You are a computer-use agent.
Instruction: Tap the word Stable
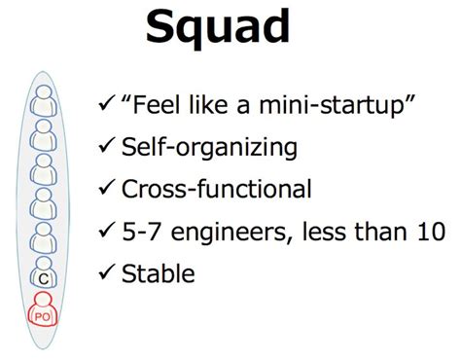click(159, 272)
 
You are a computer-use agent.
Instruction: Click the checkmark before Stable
click(107, 272)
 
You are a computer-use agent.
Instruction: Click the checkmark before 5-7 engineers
click(107, 231)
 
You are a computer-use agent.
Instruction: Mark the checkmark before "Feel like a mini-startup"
click(107, 104)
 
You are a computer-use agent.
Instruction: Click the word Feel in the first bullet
click(158, 103)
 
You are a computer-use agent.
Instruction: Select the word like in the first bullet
click(209, 103)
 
